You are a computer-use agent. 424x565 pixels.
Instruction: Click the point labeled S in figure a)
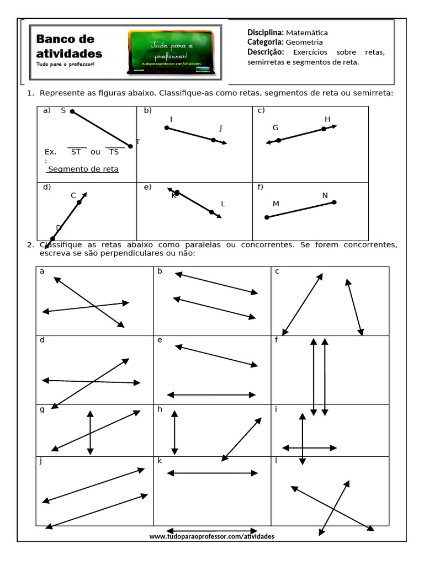point(72,111)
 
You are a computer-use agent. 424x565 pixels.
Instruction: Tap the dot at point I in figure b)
point(167,128)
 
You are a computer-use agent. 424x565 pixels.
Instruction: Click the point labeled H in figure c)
point(324,129)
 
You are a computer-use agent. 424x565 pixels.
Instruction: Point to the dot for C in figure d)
point(79,202)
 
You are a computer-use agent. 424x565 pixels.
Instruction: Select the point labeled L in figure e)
point(211,212)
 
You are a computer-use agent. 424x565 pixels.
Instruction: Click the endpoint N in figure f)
point(334,202)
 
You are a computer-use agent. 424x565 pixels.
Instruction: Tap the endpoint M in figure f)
point(267,217)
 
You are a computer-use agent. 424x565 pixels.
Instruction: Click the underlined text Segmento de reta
point(83,169)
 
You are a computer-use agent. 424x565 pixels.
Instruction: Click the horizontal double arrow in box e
point(211,395)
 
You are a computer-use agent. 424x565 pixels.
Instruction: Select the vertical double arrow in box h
point(175,432)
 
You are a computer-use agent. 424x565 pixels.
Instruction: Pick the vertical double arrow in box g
point(90,432)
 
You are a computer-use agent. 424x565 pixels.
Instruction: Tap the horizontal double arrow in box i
point(309,447)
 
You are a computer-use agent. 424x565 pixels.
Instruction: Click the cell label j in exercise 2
point(41,460)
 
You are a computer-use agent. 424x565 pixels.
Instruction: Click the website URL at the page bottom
point(211,536)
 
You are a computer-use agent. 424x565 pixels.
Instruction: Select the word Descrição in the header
point(266,52)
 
